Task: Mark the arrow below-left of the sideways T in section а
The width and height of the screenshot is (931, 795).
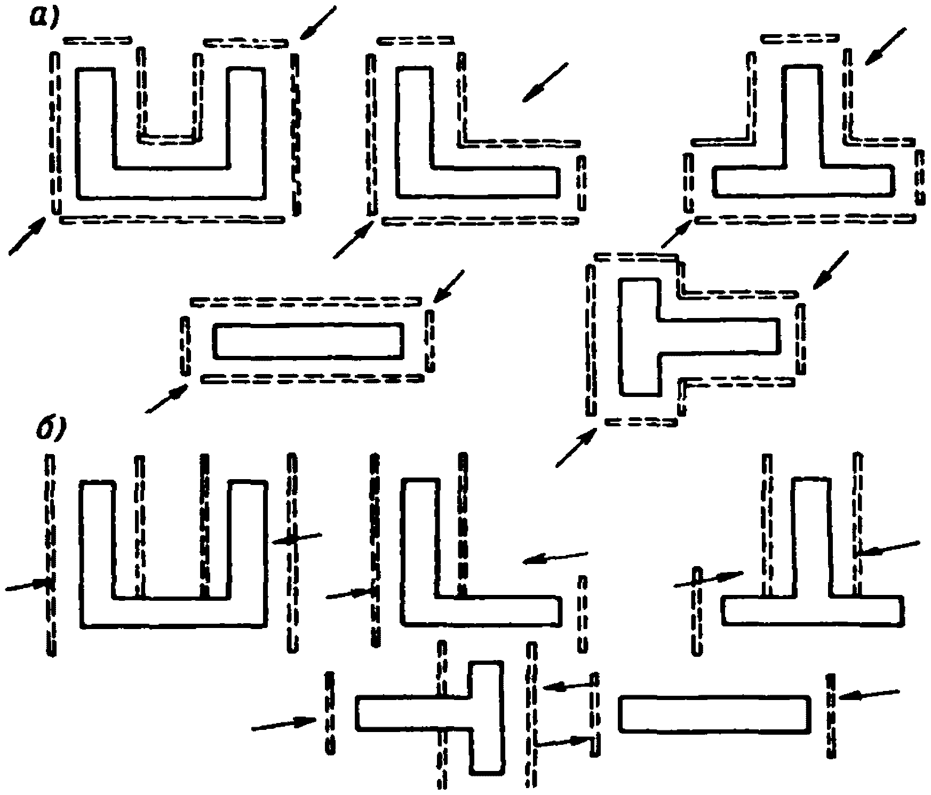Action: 576,447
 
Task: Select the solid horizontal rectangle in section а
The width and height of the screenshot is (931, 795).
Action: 308,340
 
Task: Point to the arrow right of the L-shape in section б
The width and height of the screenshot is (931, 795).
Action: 555,557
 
